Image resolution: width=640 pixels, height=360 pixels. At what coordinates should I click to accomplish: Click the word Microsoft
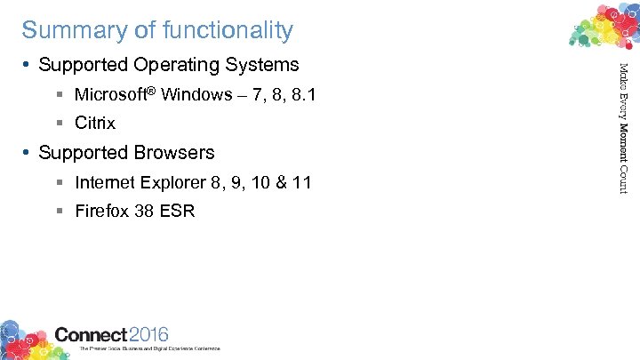point(109,94)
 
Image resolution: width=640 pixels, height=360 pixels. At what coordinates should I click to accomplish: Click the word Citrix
point(95,124)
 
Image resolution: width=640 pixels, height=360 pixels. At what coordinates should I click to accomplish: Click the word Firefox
point(102,212)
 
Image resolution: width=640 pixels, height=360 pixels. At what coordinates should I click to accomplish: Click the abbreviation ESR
point(179,212)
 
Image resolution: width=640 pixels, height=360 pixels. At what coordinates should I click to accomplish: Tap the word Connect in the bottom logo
point(91,335)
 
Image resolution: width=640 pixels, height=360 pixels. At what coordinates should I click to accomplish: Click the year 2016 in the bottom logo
point(148,335)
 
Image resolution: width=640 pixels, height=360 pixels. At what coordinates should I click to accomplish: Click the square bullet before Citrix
point(58,124)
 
